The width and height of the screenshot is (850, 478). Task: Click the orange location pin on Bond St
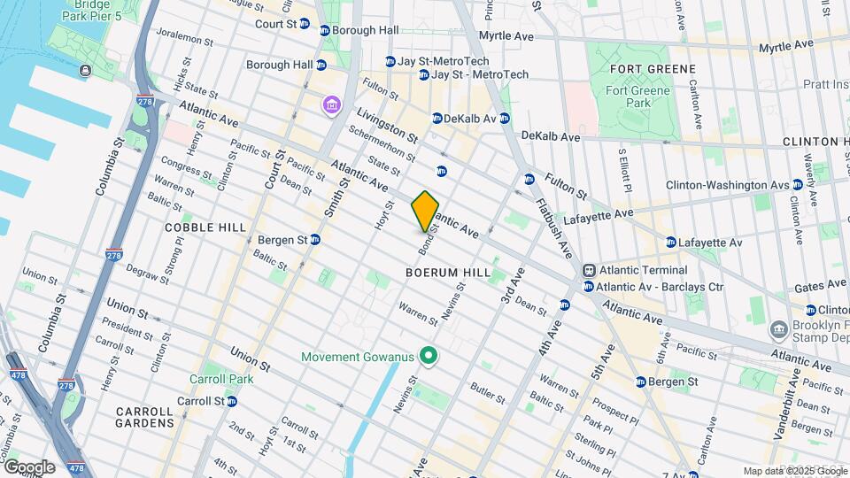click(425, 211)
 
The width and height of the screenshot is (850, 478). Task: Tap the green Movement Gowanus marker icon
click(429, 357)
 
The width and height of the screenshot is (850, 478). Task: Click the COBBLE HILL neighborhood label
click(205, 227)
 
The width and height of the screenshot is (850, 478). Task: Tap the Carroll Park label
click(221, 379)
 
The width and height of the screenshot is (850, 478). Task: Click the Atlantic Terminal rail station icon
click(588, 270)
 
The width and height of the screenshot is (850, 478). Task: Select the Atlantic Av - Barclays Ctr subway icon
click(588, 287)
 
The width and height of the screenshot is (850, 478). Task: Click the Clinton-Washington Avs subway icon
click(798, 185)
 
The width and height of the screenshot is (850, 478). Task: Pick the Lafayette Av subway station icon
click(670, 242)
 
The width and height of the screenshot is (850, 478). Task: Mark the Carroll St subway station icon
click(231, 401)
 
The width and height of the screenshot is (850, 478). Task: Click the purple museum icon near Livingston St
click(331, 106)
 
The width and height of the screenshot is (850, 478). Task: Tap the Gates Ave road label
click(823, 286)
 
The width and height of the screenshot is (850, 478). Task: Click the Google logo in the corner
click(28, 466)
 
